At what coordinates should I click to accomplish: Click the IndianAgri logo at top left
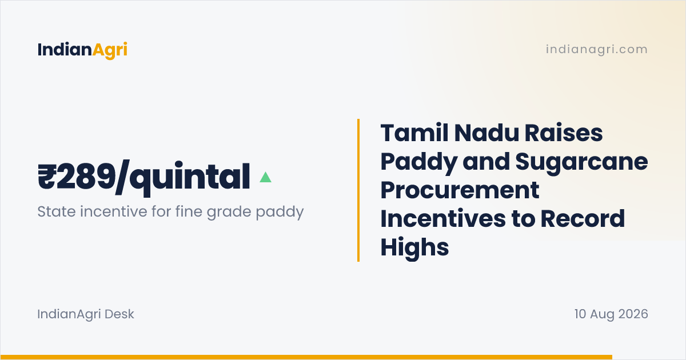(x=82, y=50)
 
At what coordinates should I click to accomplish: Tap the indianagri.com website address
(x=597, y=49)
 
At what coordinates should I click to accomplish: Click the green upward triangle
(x=265, y=177)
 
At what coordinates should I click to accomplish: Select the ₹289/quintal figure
(x=143, y=178)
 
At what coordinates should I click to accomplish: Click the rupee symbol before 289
(x=46, y=177)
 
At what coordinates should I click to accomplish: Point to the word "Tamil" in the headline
(x=414, y=133)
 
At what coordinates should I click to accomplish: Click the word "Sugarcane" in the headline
(x=581, y=163)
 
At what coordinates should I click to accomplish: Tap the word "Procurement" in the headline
(x=460, y=190)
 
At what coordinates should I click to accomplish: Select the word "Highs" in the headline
(x=414, y=247)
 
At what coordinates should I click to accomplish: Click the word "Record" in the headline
(x=583, y=218)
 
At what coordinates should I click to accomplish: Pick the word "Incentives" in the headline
(x=443, y=218)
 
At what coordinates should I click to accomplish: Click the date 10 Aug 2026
(x=611, y=314)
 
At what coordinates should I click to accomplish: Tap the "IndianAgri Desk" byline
(x=86, y=314)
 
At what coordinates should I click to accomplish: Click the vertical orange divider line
(x=358, y=190)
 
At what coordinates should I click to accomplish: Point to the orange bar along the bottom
(x=306, y=357)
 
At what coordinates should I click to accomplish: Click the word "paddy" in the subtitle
(x=280, y=212)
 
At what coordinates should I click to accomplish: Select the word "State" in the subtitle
(x=57, y=211)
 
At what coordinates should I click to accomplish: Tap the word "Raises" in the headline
(x=564, y=133)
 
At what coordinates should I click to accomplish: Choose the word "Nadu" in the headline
(x=486, y=133)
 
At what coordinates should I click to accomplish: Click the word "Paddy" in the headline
(x=419, y=163)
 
